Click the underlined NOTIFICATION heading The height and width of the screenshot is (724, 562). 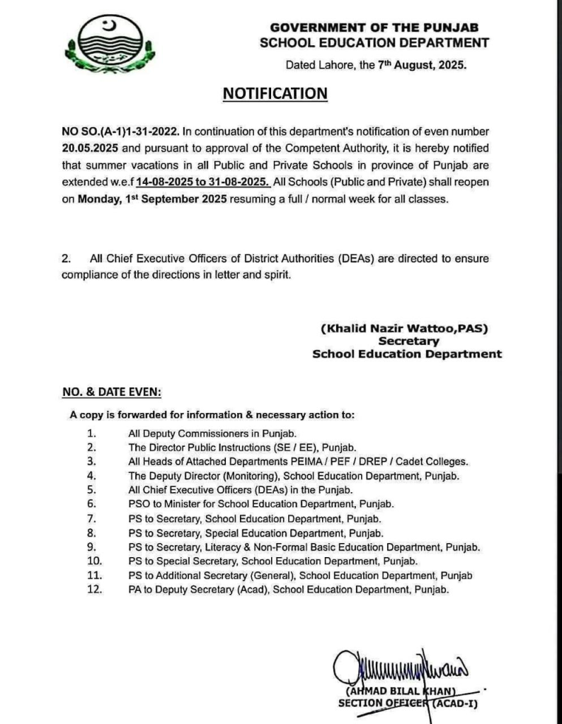tap(275, 94)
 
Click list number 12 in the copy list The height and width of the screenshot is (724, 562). tap(90, 589)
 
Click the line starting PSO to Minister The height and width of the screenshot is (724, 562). tap(260, 503)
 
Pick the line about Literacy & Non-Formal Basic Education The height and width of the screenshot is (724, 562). tap(304, 547)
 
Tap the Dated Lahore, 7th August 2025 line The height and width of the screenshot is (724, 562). tap(376, 65)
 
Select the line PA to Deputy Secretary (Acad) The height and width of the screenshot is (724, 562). tap(289, 589)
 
